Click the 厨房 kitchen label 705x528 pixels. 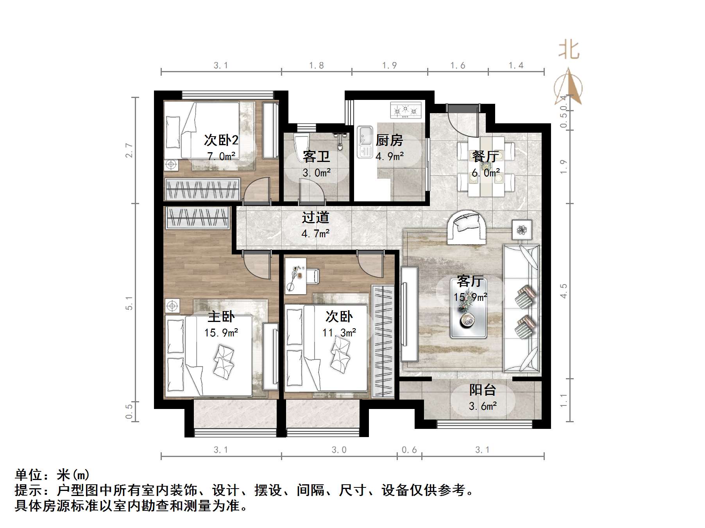pyautogui.click(x=389, y=140)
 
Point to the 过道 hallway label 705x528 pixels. pyautogui.click(x=315, y=218)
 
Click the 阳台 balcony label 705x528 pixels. pyautogui.click(x=483, y=390)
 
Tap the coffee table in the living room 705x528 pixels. pyautogui.click(x=468, y=320)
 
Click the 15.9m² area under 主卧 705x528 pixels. pyautogui.click(x=221, y=333)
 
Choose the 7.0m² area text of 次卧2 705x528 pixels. pyautogui.click(x=221, y=156)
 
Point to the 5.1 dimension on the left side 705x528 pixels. pyautogui.click(x=129, y=303)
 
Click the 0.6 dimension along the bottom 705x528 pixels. pyautogui.click(x=409, y=450)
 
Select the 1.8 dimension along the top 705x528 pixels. pyautogui.click(x=316, y=66)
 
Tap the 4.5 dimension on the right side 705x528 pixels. pyautogui.click(x=563, y=291)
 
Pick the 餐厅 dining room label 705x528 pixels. pyautogui.click(x=485, y=156)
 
